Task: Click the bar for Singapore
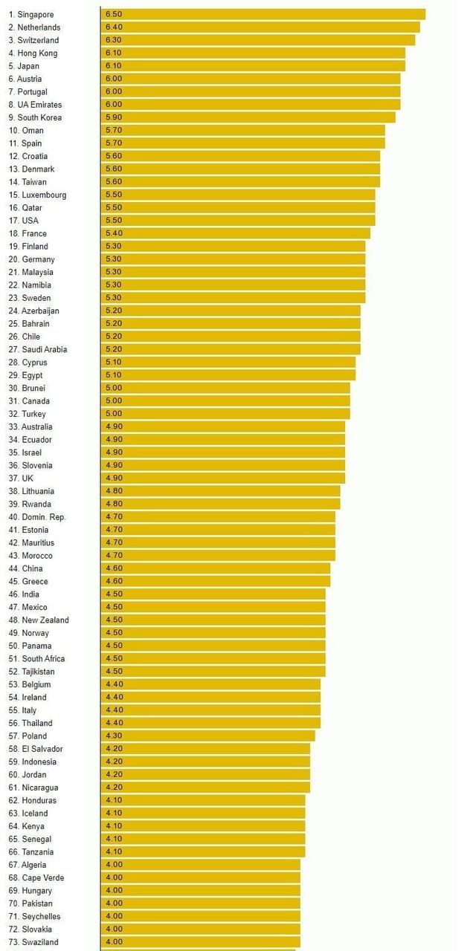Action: click(x=263, y=14)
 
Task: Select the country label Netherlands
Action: click(x=39, y=27)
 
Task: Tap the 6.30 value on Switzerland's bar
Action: click(x=114, y=40)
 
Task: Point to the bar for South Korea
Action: click(x=248, y=117)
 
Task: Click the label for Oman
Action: click(x=33, y=130)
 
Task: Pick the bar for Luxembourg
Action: click(x=238, y=195)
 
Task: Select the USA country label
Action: click(x=30, y=221)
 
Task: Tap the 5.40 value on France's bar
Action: click(x=114, y=233)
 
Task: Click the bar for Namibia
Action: click(x=234, y=285)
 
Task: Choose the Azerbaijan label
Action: click(x=40, y=311)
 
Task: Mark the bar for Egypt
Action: click(x=228, y=375)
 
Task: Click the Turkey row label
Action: click(x=33, y=414)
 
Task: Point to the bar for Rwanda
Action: click(x=221, y=504)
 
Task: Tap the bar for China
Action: click(x=216, y=568)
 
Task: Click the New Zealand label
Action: click(x=45, y=620)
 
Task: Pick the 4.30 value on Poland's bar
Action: click(x=114, y=736)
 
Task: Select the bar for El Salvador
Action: click(x=206, y=749)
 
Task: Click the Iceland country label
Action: click(x=34, y=813)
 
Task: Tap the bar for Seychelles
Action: click(x=201, y=916)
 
